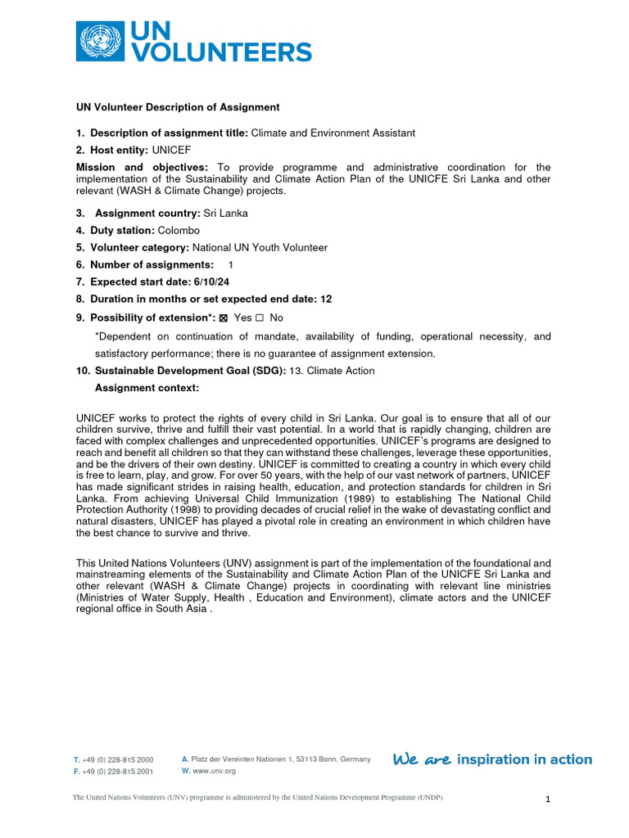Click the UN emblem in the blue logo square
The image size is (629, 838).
100,41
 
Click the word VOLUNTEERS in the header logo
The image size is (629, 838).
222,52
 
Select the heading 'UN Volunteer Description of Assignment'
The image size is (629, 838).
178,107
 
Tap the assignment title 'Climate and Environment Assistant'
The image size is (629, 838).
333,133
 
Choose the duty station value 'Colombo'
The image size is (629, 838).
179,230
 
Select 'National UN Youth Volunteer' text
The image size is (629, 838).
260,247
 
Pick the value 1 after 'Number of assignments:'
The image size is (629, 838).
230,264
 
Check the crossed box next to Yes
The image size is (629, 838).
224,318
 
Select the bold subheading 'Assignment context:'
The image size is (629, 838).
147,388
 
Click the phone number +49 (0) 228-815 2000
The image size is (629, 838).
117,760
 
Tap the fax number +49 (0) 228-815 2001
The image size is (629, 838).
117,772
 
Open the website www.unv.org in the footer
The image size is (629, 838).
214,771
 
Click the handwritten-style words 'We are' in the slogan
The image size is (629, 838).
422,759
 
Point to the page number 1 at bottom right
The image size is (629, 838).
548,800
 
